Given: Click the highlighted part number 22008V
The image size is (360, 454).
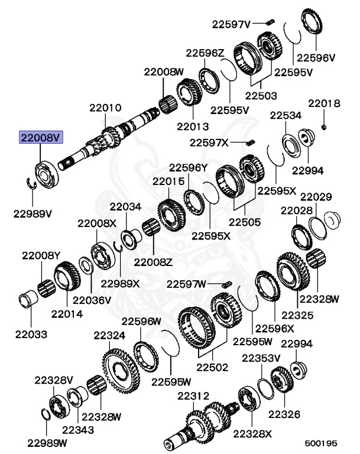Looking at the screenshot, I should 41,138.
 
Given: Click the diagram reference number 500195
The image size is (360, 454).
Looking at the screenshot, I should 321,442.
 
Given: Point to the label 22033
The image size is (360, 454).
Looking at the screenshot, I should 31,334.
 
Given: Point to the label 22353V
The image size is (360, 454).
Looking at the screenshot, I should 260,358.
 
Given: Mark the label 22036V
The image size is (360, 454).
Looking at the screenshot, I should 92,300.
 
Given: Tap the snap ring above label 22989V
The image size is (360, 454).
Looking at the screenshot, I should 33,184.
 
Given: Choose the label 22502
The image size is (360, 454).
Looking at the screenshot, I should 212,367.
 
